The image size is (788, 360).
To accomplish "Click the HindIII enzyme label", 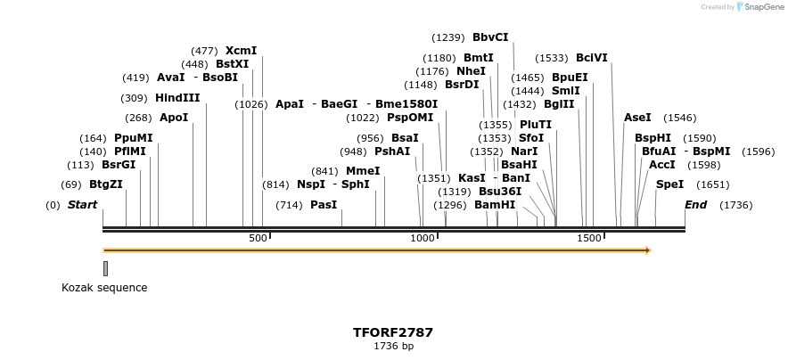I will click(x=177, y=98).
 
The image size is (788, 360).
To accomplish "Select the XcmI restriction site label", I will click(x=241, y=51).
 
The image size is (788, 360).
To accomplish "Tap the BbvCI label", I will click(x=490, y=37).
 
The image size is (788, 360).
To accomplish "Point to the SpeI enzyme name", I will click(x=669, y=184).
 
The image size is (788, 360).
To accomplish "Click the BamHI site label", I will click(x=495, y=205).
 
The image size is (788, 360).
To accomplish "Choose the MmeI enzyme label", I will click(x=363, y=171).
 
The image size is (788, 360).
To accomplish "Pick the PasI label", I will click(x=324, y=205).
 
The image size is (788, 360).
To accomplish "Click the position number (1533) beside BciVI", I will click(x=552, y=58).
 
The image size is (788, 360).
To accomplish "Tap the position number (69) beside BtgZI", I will click(x=71, y=184).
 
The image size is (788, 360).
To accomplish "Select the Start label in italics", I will click(x=83, y=205).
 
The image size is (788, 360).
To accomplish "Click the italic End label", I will click(x=696, y=205).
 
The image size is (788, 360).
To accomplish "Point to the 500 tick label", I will click(x=258, y=239).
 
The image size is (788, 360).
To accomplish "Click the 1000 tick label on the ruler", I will click(x=422, y=239).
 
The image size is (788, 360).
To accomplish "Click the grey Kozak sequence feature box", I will click(x=105, y=268).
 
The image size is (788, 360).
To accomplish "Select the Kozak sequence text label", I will click(x=104, y=288).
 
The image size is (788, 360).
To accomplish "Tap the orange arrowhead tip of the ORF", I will click(x=649, y=250).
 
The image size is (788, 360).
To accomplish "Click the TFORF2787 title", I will click(x=393, y=332).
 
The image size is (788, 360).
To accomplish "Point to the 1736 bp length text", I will click(x=393, y=346).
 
